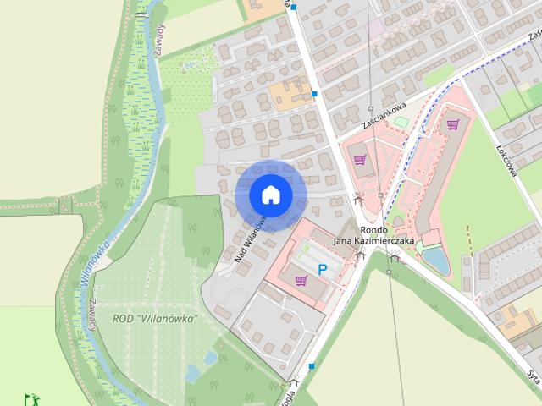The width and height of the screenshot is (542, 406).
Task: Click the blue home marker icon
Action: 270,195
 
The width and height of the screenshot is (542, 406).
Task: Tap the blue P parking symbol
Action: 323,269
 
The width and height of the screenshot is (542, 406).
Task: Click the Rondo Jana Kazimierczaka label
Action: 373,235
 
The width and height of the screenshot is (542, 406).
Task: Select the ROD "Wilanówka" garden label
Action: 155,318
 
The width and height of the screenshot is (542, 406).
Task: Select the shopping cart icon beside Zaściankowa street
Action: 360,158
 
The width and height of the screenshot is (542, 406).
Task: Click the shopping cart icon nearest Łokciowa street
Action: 453,124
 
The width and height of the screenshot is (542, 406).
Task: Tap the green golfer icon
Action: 30,398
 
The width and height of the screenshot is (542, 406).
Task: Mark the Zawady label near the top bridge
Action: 162,38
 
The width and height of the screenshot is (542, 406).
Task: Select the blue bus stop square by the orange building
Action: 314,94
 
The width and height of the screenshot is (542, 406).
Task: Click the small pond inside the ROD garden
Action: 193,372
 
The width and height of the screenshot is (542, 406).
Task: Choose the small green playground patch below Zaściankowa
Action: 400,123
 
